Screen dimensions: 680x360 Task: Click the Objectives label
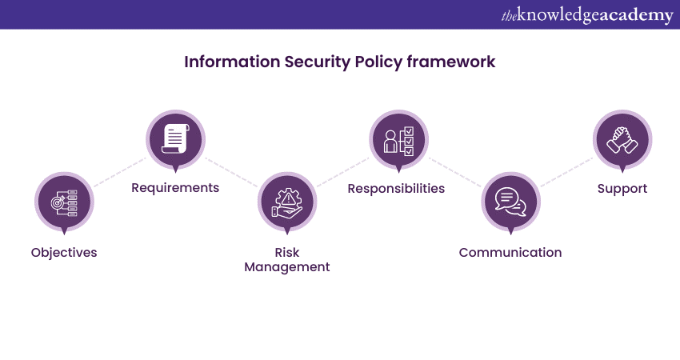coord(64,253)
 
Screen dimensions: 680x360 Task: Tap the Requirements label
coord(175,188)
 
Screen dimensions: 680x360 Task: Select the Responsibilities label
coord(396,188)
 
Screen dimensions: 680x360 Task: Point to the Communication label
coord(510,252)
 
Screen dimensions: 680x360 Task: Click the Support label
coord(622,189)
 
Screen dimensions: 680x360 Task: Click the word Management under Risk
coord(287,267)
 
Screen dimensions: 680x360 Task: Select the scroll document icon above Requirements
coord(176,138)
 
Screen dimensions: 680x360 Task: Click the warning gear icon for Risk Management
coord(287,202)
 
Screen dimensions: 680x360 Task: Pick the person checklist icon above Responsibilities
coord(399,141)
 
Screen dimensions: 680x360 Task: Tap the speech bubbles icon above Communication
coord(510,202)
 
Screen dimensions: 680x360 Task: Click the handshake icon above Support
coord(622,140)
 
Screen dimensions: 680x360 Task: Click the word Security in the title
coord(317,62)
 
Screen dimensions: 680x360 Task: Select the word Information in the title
coord(232,62)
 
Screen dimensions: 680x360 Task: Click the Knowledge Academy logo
coord(587,15)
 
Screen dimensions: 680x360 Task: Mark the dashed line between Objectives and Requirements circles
coord(120,172)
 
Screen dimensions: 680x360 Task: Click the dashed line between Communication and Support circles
coord(566,172)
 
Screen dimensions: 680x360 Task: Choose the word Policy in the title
coord(378,62)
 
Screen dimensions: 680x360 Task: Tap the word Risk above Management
coord(287,253)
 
